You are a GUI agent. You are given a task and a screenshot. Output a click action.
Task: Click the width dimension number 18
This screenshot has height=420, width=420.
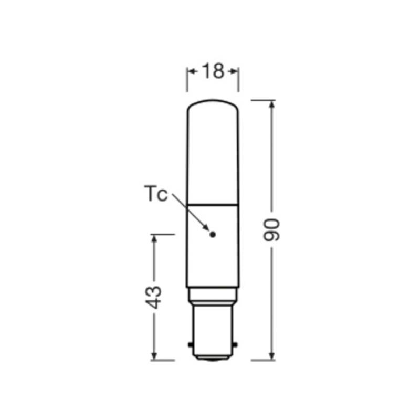213,71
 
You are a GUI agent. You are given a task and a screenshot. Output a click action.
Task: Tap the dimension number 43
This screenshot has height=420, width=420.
154,297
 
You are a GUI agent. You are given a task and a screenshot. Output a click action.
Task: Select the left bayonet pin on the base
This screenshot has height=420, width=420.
190,344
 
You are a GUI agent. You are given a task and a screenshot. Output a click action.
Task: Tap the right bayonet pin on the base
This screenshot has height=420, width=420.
235,344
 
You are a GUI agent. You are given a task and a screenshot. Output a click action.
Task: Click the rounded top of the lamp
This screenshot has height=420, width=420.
213,105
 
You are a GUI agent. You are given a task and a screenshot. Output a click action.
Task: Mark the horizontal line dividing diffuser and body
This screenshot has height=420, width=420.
213,204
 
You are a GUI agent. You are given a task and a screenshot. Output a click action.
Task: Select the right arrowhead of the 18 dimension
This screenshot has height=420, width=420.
234,71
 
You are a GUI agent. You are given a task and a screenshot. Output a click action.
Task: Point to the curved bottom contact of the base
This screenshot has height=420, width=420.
213,359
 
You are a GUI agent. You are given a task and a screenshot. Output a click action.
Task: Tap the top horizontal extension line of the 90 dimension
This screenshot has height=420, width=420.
262,100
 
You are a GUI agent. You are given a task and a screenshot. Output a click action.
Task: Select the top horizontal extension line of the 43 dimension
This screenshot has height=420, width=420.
163,234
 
